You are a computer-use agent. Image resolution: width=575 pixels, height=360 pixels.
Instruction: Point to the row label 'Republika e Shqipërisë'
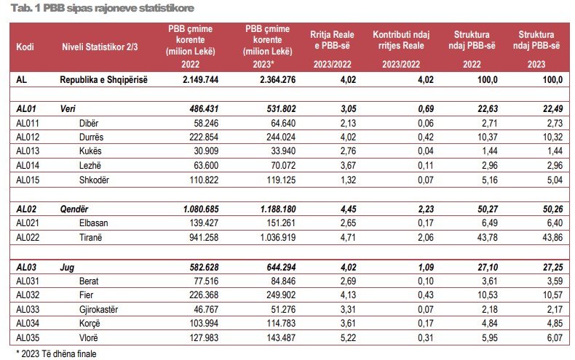[103, 80]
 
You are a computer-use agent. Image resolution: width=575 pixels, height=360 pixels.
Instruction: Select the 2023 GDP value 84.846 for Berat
[275, 281]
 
